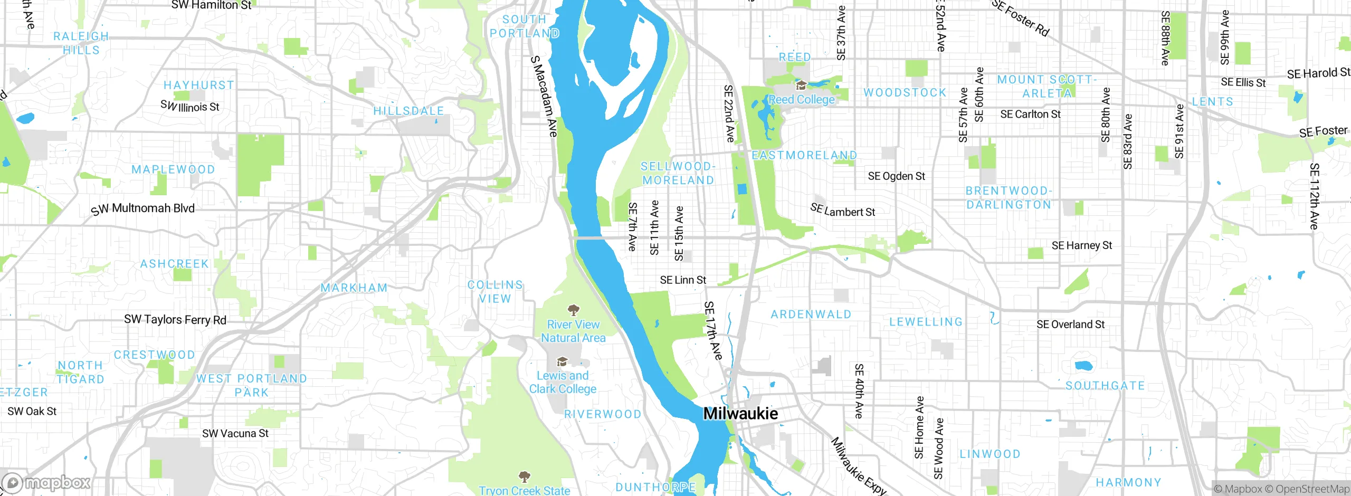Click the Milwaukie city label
click(x=740, y=414)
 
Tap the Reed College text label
click(x=802, y=100)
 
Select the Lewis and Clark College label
click(x=563, y=383)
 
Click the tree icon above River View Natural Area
click(x=573, y=310)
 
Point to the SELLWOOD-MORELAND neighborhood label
click(x=678, y=174)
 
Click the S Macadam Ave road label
click(x=544, y=97)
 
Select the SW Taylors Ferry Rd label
click(x=175, y=320)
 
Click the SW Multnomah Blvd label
click(x=143, y=209)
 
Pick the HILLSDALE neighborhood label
click(x=408, y=111)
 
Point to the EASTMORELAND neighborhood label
click(x=804, y=156)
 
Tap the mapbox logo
click(x=46, y=483)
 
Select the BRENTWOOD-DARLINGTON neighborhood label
click(x=1009, y=198)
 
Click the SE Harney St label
click(x=1081, y=245)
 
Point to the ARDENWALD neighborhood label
click(x=811, y=315)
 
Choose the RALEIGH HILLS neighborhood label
click(x=81, y=43)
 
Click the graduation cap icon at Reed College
click(x=801, y=85)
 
